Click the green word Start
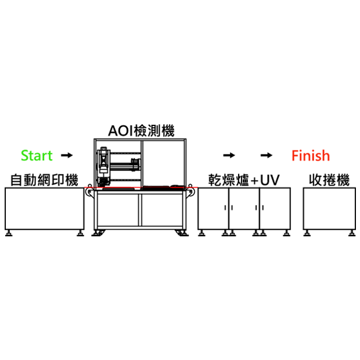click(37, 156)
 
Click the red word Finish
click(311, 156)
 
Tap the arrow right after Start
click(67, 155)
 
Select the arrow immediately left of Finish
click(267, 155)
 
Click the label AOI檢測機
click(141, 131)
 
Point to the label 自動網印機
click(44, 180)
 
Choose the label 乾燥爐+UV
click(244, 180)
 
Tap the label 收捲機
click(329, 180)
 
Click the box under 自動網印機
click(45, 208)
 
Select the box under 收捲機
click(329, 208)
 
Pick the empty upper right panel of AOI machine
click(163, 163)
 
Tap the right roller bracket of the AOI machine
click(190, 191)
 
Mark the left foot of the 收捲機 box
click(307, 233)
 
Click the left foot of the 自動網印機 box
click(9, 233)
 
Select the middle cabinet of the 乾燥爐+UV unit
click(244, 208)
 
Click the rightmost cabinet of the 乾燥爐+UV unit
click(275, 208)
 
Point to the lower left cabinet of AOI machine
click(118, 210)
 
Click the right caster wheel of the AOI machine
click(182, 233)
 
